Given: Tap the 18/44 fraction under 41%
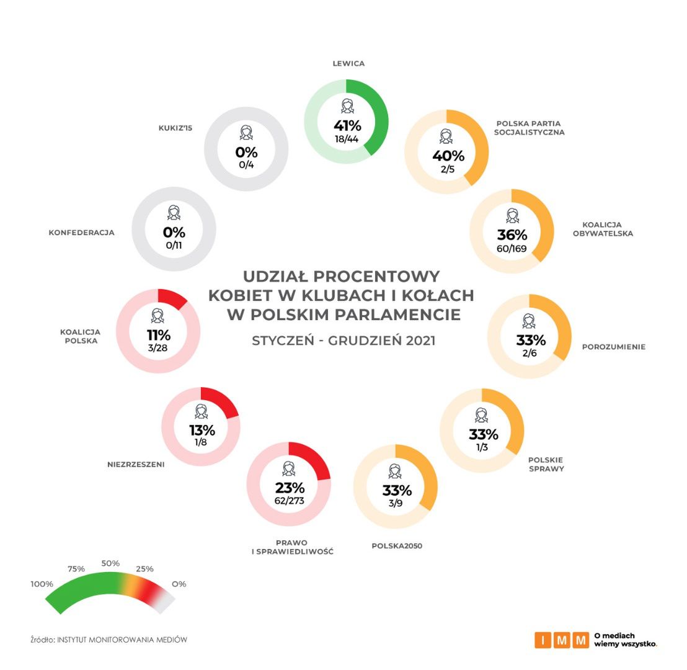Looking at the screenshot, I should point(347,140).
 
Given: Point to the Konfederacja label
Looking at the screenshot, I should point(82,233).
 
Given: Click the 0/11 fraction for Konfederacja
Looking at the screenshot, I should point(174,246).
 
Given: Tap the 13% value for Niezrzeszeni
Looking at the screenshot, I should point(202,431).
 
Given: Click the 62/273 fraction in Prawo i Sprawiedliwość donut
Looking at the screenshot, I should point(289,501).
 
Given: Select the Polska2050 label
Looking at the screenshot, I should point(397,546).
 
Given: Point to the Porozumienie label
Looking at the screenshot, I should point(613,347).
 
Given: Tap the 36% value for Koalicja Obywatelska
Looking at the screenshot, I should point(512,235).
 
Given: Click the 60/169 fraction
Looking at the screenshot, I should point(512,249).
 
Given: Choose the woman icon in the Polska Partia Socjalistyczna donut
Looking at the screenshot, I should point(446,136).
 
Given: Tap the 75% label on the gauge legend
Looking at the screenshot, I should point(76,569).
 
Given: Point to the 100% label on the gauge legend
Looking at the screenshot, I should point(42,584).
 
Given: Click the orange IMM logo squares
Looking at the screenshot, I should point(561,640).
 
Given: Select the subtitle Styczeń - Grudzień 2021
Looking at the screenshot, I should point(343,341).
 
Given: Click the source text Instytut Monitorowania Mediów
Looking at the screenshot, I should point(122,640).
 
